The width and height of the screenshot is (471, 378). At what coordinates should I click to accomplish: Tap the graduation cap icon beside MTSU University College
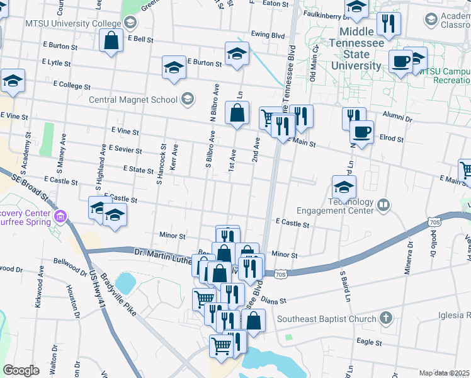click(130, 24)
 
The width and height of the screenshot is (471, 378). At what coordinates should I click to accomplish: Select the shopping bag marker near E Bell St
click(111, 42)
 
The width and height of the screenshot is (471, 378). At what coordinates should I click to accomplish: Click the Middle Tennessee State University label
click(361, 49)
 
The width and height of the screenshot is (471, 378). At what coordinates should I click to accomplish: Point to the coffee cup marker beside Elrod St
click(361, 132)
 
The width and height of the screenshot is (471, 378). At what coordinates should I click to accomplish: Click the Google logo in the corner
click(21, 370)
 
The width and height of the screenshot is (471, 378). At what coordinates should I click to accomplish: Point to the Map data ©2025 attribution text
click(444, 373)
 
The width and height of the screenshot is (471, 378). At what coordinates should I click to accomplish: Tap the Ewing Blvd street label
click(268, 35)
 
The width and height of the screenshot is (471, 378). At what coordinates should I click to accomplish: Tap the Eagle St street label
click(369, 341)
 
